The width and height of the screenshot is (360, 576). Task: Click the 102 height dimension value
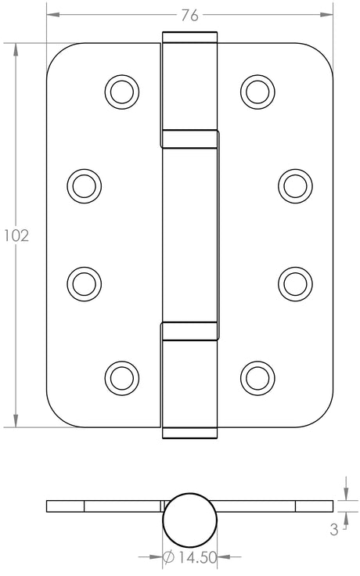point(16,235)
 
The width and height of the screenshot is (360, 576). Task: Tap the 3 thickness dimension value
point(333,530)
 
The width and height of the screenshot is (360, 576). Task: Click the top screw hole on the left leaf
point(121,92)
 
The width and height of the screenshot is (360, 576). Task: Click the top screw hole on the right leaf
point(256,92)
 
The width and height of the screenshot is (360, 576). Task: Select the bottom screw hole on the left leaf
point(121,376)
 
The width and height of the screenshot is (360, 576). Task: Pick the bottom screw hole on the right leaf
point(256,376)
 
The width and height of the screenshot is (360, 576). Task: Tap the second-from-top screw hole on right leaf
point(293,185)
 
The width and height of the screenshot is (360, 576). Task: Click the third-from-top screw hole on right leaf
point(293,282)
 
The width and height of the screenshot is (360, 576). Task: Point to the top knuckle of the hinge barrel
point(189,86)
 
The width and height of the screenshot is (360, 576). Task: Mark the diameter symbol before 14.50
point(168,557)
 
